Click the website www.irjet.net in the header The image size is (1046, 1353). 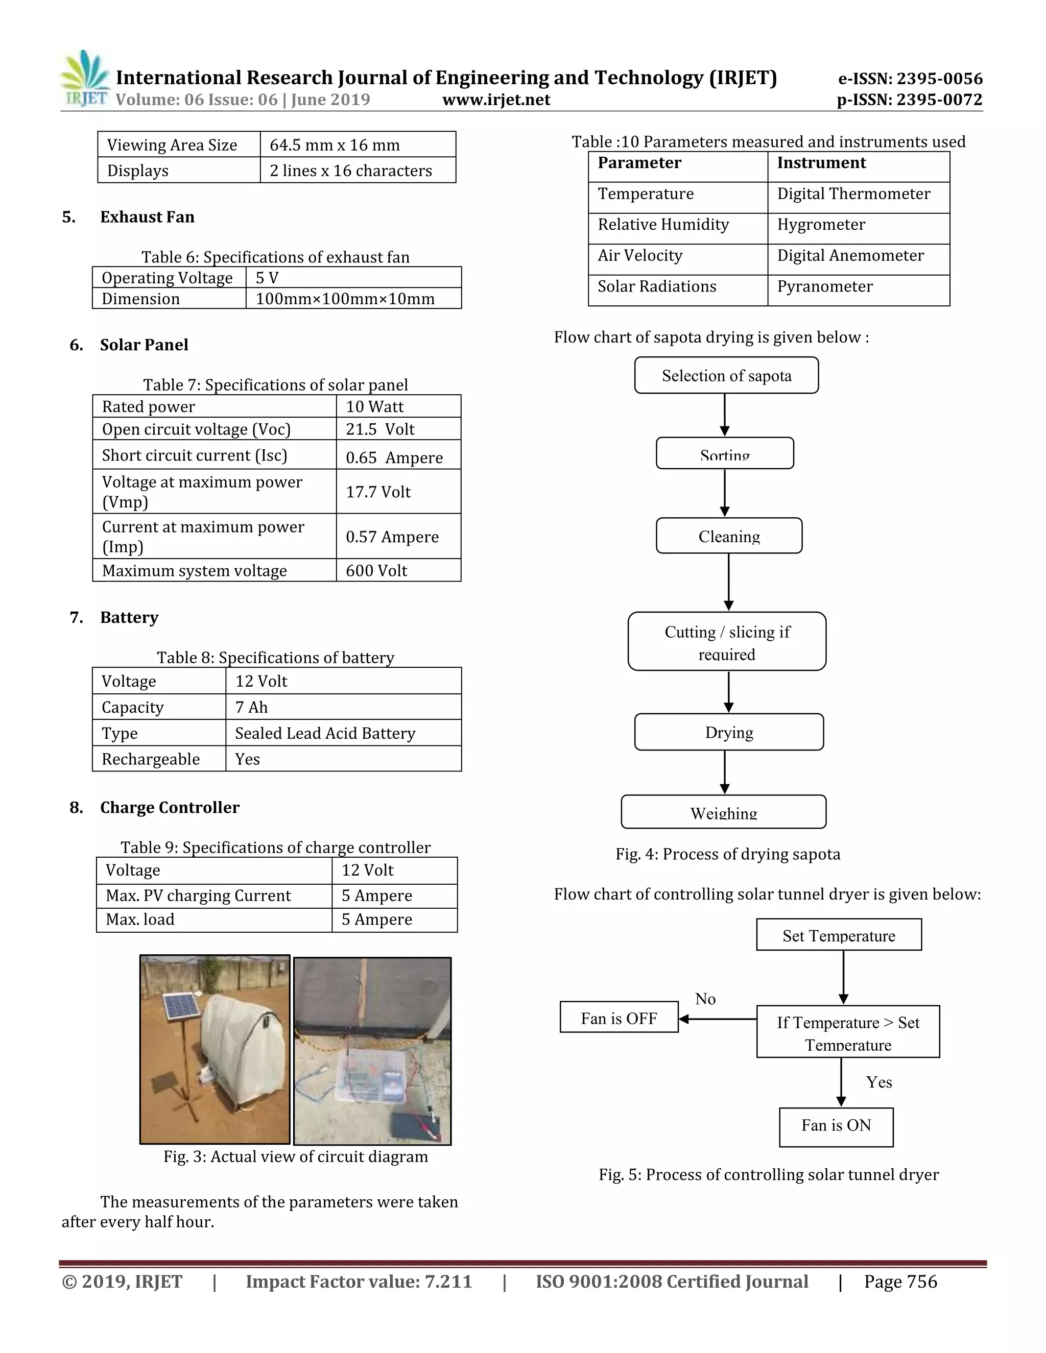point(496,100)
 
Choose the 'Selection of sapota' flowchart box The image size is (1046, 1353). point(726,375)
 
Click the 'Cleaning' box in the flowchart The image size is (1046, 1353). point(729,536)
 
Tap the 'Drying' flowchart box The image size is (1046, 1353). point(729,732)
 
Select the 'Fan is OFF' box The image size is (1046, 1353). point(619,1019)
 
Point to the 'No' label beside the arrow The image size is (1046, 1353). point(705,999)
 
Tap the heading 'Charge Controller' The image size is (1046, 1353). point(169,807)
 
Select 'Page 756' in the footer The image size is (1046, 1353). point(900,1282)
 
